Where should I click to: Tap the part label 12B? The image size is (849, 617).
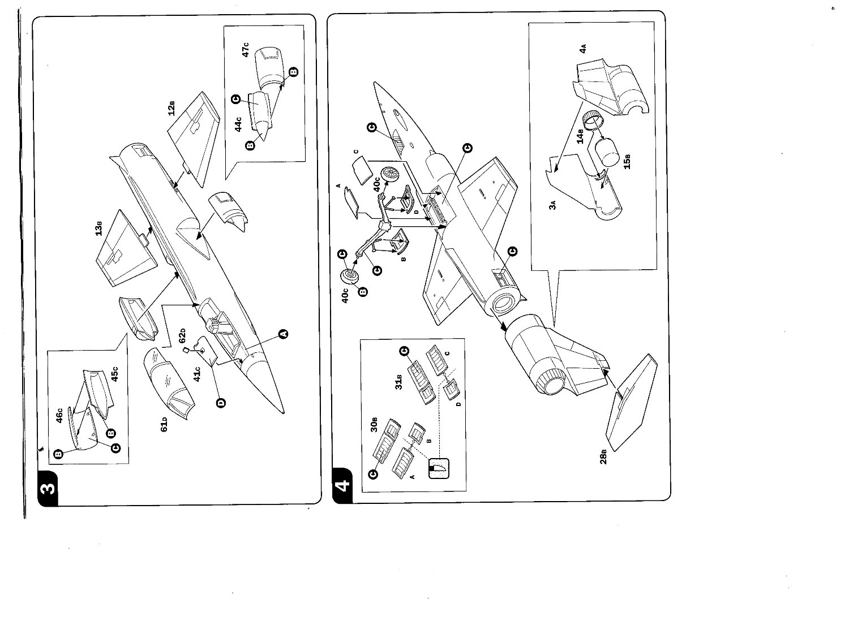tap(171, 108)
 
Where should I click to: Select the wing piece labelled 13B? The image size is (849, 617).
tap(126, 249)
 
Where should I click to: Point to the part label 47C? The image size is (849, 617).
tap(246, 49)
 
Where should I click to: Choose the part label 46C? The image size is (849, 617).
tap(59, 417)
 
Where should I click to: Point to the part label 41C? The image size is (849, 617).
tap(197, 374)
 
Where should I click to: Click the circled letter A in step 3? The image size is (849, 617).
tap(284, 334)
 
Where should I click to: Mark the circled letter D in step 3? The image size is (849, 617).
tap(221, 403)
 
